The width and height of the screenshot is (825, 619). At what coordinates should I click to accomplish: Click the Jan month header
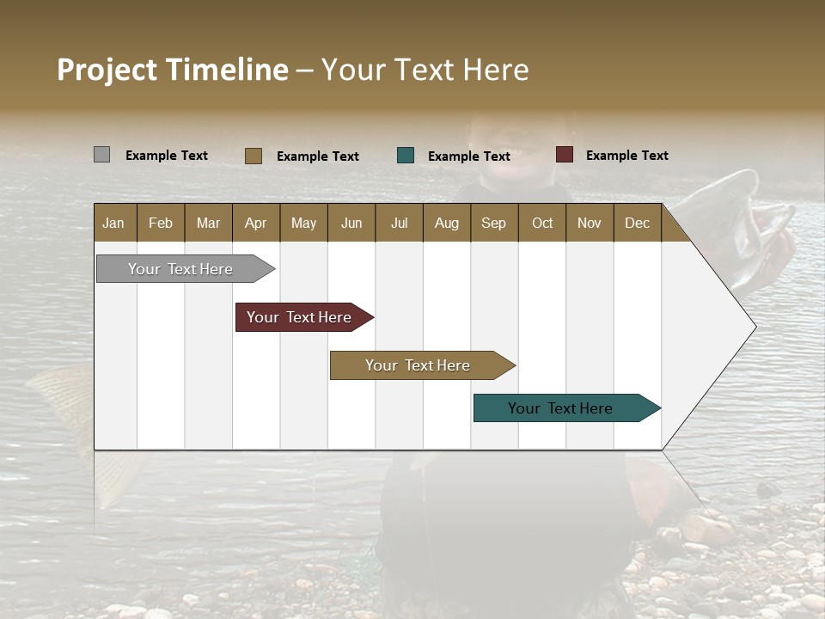click(114, 223)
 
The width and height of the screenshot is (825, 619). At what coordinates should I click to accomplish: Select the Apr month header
click(256, 223)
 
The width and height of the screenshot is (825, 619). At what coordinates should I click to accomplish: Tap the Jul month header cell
click(400, 223)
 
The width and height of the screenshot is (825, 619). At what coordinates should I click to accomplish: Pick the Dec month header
click(638, 223)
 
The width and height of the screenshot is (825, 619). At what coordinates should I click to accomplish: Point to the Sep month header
click(494, 223)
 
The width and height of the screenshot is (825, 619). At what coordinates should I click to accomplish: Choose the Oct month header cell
click(542, 223)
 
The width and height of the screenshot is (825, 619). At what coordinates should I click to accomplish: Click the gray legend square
click(101, 155)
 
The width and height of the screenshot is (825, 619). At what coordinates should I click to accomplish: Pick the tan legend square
click(253, 156)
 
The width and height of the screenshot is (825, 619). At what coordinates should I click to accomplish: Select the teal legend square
click(406, 156)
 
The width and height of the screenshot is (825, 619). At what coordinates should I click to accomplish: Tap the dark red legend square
click(564, 155)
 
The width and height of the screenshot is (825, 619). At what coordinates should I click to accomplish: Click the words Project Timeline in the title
click(172, 70)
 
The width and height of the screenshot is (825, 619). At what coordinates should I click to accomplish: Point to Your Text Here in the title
click(425, 70)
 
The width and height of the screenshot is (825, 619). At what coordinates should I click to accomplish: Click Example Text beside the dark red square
click(626, 155)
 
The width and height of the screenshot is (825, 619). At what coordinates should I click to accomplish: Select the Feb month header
click(161, 223)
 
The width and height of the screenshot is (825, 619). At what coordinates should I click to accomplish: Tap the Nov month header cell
click(590, 223)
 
